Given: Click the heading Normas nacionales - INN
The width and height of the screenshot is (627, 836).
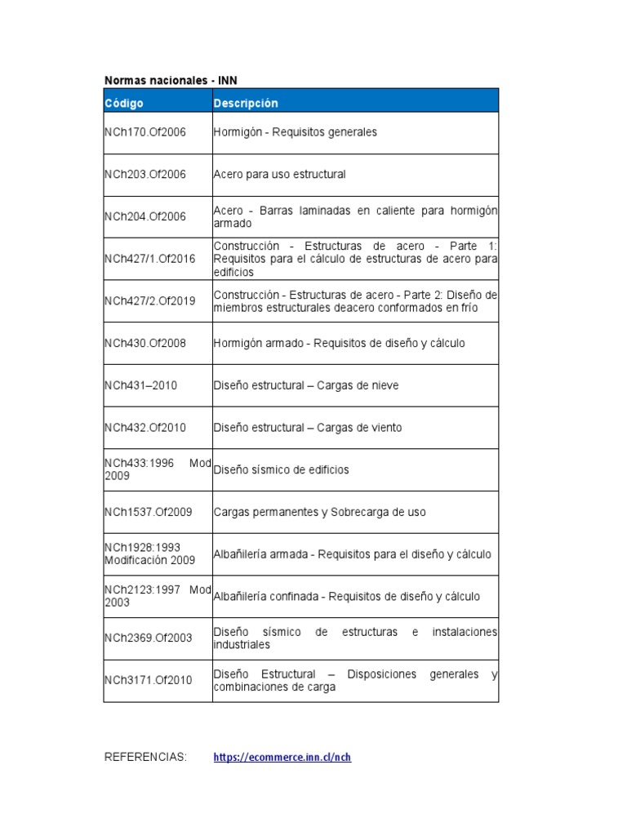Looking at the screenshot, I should coord(171,80).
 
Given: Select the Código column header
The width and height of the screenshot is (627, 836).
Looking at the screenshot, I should coord(124,103).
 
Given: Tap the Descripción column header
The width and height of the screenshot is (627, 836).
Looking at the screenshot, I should coord(246,103).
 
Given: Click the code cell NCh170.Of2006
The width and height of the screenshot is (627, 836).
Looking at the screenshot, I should coord(145,132).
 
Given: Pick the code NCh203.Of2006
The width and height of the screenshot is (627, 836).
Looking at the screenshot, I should coord(145,174).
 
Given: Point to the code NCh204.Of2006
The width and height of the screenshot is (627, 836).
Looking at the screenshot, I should coord(145,216).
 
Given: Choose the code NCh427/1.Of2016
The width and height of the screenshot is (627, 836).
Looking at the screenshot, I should coord(150,259).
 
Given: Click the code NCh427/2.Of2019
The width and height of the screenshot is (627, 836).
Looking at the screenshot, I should coord(150,300).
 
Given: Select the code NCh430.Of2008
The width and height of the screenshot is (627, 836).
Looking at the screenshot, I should coord(145,343).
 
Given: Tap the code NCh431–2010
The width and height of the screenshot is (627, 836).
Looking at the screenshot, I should coord(140,385).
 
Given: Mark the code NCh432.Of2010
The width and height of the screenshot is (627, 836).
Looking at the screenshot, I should coord(145,427).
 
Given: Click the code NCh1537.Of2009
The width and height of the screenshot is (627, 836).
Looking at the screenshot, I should coord(149,512).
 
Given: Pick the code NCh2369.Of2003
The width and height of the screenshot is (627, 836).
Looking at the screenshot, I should coord(149,638).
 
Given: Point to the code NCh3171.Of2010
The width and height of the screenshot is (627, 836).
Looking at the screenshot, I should coord(149,680).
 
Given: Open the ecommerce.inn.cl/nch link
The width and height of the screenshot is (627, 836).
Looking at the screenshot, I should coord(282,758).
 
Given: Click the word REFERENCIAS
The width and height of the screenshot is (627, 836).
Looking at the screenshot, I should coord(145,758).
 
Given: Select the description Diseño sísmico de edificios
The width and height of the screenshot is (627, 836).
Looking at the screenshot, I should coord(281,470).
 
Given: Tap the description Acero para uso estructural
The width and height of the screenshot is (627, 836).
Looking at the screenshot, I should coord(280,174).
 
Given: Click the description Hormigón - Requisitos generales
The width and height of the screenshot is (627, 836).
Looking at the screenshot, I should coord(296,132).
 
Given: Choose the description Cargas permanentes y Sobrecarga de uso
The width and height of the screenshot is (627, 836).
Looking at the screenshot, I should coord(320,512).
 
